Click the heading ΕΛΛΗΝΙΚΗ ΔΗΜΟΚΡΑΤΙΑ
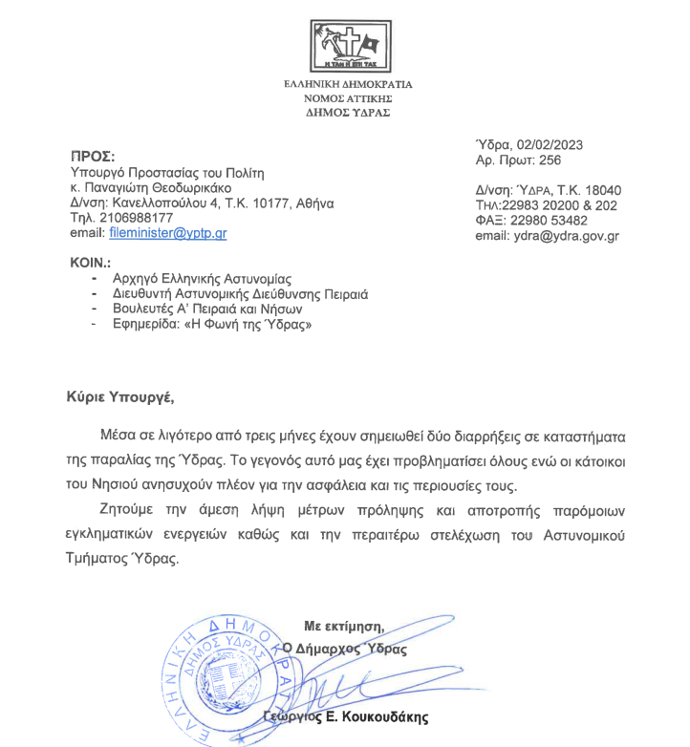click(348, 84)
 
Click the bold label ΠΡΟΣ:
click(93, 156)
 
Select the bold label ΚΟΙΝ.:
click(92, 261)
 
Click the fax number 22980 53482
click(553, 220)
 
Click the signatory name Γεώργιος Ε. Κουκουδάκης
click(346, 716)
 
